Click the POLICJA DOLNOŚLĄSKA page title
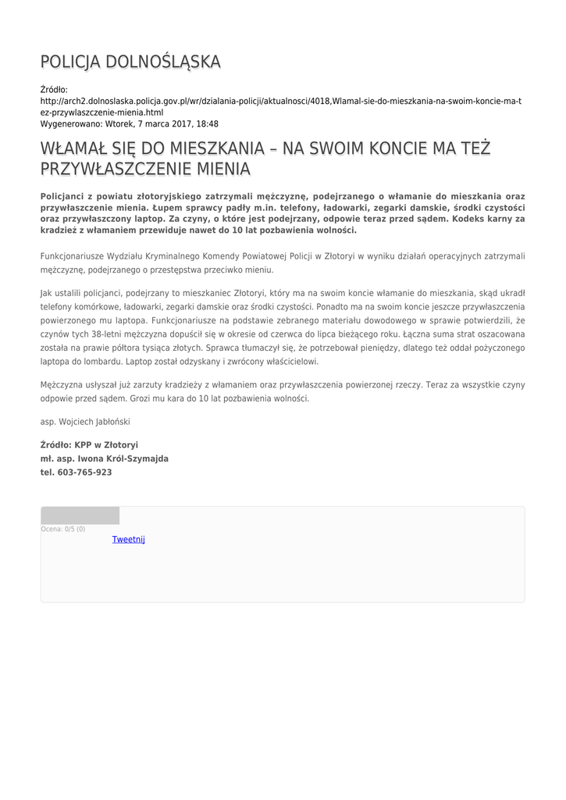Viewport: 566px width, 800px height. pyautogui.click(x=130, y=62)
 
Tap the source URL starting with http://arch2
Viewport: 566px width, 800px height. pyautogui.click(x=281, y=102)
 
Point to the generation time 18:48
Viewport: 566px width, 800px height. pyautogui.click(x=208, y=123)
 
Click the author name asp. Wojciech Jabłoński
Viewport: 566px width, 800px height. pyautogui.click(x=85, y=421)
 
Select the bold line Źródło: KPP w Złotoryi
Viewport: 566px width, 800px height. pyautogui.click(x=89, y=445)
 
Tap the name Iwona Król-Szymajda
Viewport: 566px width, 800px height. pyautogui.click(x=123, y=459)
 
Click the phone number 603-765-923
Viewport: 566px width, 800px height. pyautogui.click(x=84, y=473)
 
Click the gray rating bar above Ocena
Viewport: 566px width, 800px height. pyautogui.click(x=80, y=516)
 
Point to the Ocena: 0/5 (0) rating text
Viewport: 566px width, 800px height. pyautogui.click(x=63, y=530)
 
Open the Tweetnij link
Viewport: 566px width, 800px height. pyautogui.click(x=129, y=539)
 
